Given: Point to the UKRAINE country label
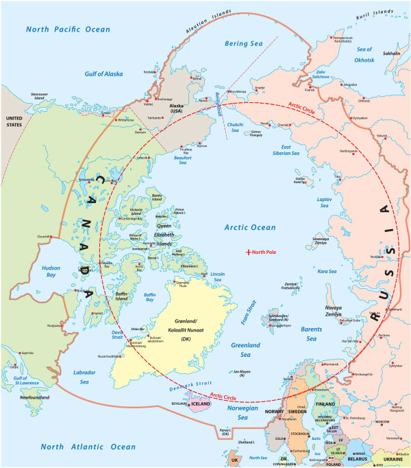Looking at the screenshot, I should coord(393,458).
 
